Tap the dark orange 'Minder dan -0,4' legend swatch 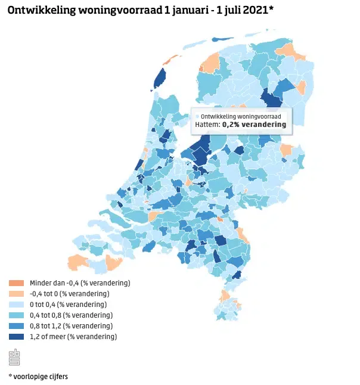[x=16, y=283]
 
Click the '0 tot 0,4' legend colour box [x=16, y=305]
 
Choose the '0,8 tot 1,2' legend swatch [x=16, y=326]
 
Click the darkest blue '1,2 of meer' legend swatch [x=16, y=337]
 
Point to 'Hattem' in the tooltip [x=207, y=125]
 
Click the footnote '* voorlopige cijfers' [x=38, y=376]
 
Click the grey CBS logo [x=15, y=358]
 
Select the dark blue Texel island [x=160, y=78]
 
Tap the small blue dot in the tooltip [x=198, y=116]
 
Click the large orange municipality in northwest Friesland [x=210, y=61]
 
